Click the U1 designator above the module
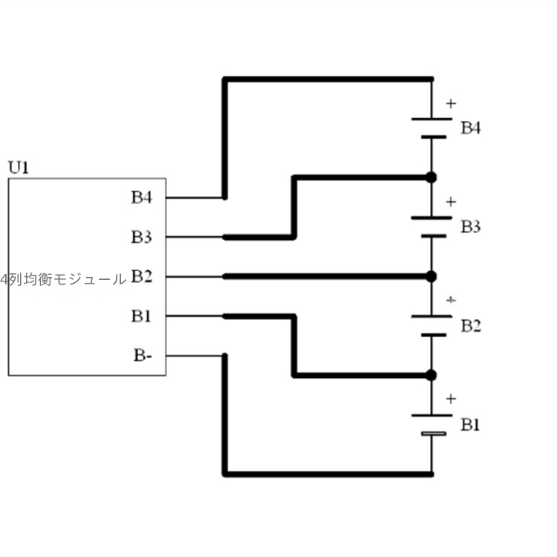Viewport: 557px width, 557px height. pyautogui.click(x=19, y=167)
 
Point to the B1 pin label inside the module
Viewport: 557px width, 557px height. pyautogui.click(x=142, y=316)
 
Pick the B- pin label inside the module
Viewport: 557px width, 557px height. pyautogui.click(x=143, y=356)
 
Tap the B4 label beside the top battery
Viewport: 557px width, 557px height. pyautogui.click(x=471, y=128)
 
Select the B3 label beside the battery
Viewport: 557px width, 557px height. pyautogui.click(x=471, y=227)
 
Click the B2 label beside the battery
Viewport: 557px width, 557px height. pyautogui.click(x=471, y=326)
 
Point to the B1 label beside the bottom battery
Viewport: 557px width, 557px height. pyautogui.click(x=471, y=425)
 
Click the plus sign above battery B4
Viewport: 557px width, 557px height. pyautogui.click(x=451, y=103)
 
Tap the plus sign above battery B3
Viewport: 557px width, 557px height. pyautogui.click(x=451, y=202)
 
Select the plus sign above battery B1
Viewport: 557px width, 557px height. pyautogui.click(x=451, y=400)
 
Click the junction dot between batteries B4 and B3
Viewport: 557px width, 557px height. pyautogui.click(x=431, y=177)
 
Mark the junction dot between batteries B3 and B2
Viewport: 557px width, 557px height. pyautogui.click(x=431, y=276)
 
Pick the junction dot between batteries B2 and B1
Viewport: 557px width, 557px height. pyautogui.click(x=431, y=375)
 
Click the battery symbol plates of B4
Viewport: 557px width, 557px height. pyautogui.click(x=431, y=127)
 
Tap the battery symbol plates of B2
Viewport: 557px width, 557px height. pyautogui.click(x=431, y=325)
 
